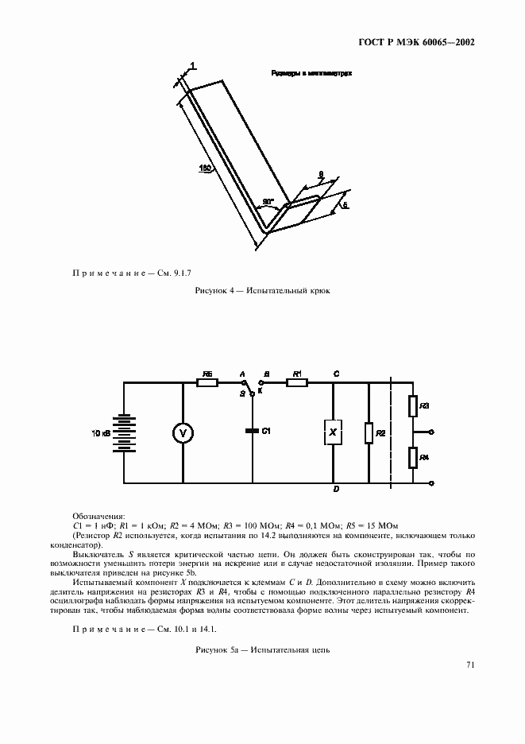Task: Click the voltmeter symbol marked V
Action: coord(183,432)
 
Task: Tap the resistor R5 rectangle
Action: coord(207,382)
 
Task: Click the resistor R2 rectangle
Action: coord(369,433)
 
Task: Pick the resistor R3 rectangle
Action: coord(413,407)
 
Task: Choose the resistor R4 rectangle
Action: coord(413,458)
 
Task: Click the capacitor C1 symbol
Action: coord(253,431)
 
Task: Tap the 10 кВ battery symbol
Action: coord(123,432)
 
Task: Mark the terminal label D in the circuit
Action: coord(337,489)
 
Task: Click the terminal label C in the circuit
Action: coord(337,373)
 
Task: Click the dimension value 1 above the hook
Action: coord(193,65)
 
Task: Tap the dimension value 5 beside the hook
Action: coord(344,205)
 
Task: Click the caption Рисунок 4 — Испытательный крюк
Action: coord(262,291)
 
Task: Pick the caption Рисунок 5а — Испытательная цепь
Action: coord(262,649)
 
